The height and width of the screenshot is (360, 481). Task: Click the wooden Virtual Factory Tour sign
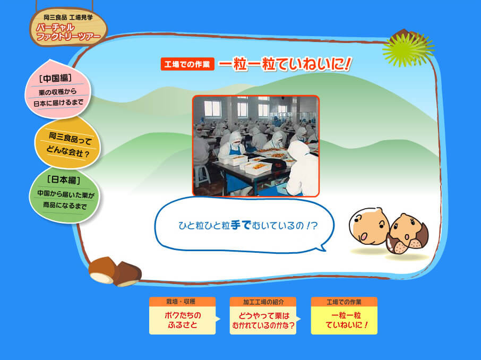coord(68,27)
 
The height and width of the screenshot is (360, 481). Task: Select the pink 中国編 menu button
coord(58,90)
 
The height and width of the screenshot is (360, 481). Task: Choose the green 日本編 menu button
coord(64,194)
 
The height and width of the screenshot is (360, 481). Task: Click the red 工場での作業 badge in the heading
coord(187,64)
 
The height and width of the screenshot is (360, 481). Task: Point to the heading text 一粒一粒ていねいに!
coord(285,64)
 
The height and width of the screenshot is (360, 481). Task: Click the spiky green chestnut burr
coord(408,48)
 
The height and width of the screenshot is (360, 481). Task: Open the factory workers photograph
coord(256,146)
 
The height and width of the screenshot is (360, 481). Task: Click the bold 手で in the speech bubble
coord(241,225)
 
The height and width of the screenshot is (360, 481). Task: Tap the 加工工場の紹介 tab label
coord(263,302)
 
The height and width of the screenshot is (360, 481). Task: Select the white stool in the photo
coord(202,175)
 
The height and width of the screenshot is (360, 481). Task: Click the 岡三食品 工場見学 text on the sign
coord(68,18)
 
